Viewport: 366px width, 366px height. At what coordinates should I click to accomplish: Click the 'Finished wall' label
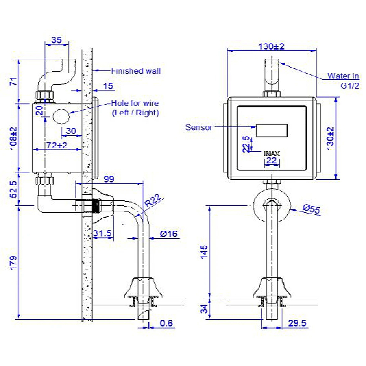pos(136,71)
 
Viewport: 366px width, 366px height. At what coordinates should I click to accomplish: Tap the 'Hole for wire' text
pos(135,104)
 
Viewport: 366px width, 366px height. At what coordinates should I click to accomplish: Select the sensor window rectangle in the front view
pos(272,131)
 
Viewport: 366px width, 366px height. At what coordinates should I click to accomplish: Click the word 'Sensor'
pos(199,127)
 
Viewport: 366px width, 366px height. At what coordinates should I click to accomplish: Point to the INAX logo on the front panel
pos(272,153)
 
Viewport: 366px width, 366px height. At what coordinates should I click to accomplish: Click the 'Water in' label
pos(343,76)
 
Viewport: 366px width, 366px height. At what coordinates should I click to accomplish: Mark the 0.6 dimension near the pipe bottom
pos(166,323)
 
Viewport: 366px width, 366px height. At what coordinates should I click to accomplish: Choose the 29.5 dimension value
pos(297,323)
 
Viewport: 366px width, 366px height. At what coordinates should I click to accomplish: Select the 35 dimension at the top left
pos(56,40)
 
